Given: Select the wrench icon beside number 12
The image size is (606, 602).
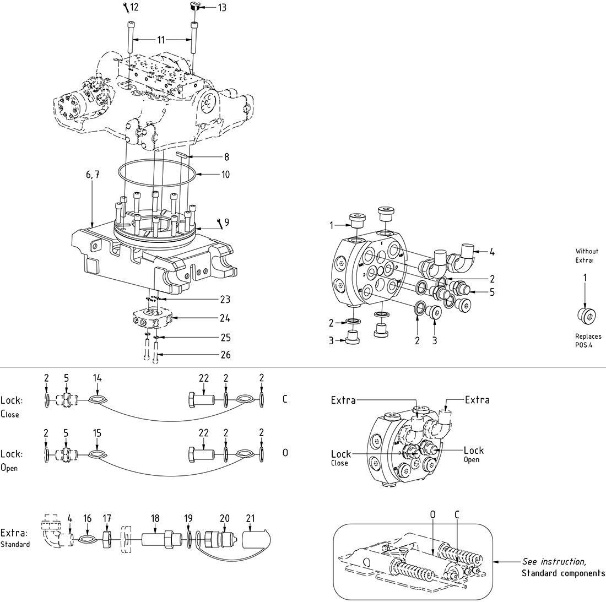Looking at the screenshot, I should pos(126,7).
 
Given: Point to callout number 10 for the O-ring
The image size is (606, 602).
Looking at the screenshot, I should pos(225,175).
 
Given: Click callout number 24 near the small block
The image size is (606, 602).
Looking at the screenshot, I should pos(225,318).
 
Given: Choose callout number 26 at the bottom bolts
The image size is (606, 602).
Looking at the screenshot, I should pos(225,355).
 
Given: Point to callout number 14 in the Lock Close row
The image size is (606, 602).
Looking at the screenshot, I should pos(98,378).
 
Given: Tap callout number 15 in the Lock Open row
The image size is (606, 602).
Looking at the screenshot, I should pos(98,433).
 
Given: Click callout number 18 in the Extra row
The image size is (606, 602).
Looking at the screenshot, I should pos(155,518).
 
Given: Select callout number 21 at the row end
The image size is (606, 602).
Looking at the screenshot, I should pos(251,518).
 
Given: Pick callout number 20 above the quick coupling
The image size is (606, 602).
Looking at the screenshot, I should pos(224,518).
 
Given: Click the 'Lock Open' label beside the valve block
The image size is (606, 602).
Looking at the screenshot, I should pos(473,453).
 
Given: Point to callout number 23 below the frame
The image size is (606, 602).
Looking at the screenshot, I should pos(225,299).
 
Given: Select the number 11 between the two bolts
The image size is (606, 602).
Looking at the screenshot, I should pos(161,40).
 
